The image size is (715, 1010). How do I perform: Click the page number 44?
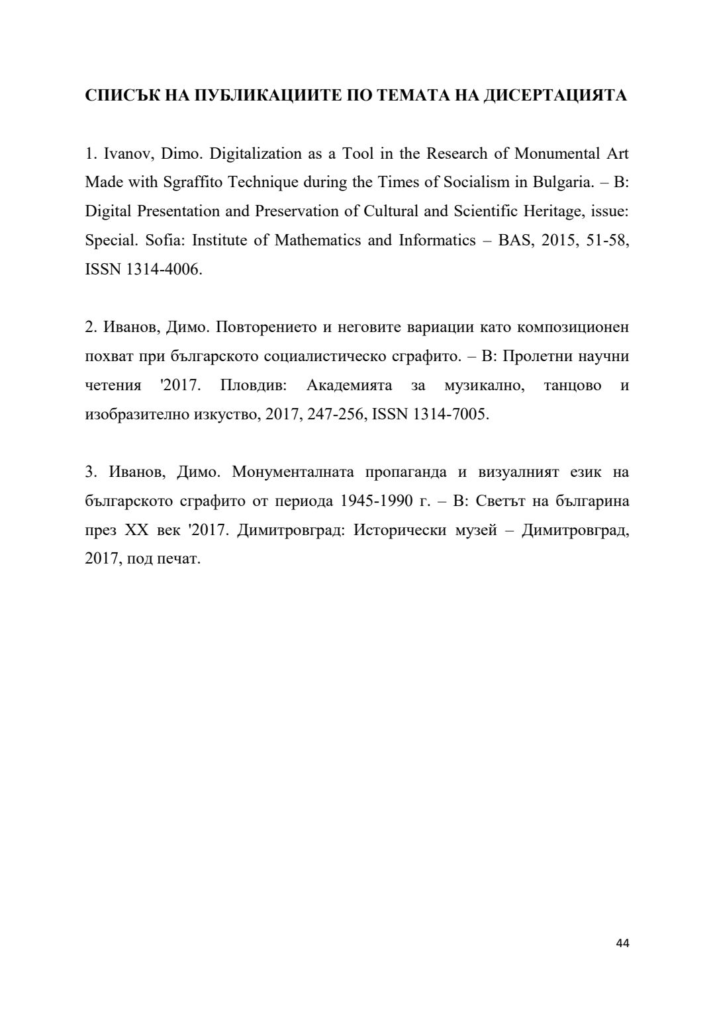622,943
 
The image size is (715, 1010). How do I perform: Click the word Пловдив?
253,386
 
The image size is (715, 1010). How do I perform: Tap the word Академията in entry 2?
349,386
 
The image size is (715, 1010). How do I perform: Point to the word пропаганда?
406,472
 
